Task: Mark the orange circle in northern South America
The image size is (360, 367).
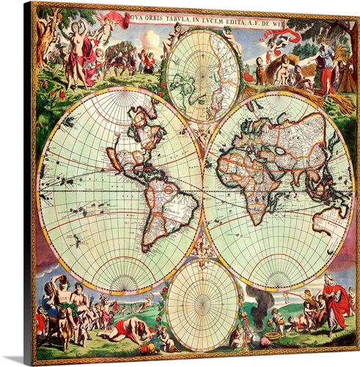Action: pos(168,190)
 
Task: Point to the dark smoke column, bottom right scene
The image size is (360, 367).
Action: pos(257,301)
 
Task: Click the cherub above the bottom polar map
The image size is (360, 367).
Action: pos(202,250)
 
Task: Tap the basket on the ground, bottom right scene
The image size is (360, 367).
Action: pos(273,337)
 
